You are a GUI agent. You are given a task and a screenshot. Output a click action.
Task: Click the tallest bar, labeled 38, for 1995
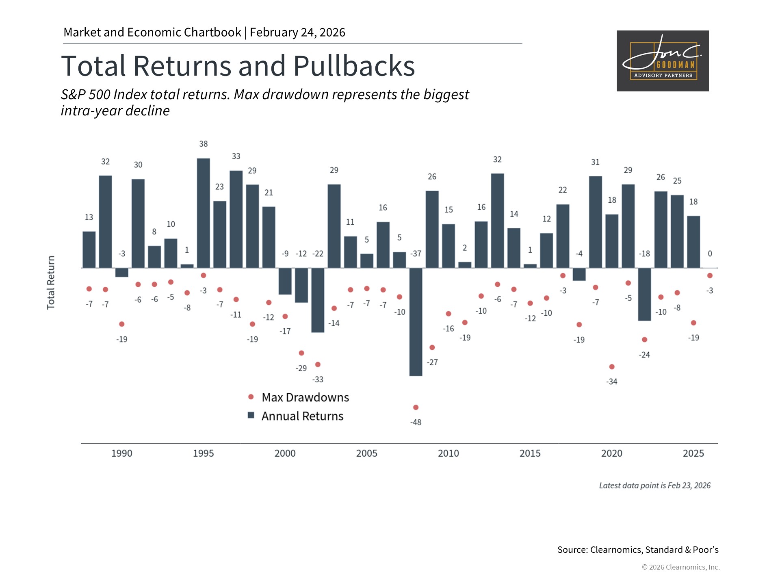click(204, 213)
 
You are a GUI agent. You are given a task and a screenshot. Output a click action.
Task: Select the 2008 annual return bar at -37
click(416, 322)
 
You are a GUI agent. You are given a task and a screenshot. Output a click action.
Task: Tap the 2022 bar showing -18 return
click(644, 294)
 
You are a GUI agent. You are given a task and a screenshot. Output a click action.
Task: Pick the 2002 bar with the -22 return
click(318, 300)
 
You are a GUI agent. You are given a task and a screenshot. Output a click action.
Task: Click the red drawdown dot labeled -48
click(416, 407)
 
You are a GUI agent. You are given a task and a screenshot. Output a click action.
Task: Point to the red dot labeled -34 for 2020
click(612, 367)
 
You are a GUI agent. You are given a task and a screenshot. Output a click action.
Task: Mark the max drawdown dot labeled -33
click(318, 364)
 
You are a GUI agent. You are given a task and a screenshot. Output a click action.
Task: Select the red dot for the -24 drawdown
click(644, 340)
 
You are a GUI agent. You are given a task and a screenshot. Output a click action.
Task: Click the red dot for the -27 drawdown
click(432, 347)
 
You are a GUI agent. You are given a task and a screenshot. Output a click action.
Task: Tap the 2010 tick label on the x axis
click(448, 453)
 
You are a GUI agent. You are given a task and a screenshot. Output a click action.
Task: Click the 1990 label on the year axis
click(122, 453)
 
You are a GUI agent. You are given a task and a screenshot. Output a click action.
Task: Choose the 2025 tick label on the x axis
click(693, 453)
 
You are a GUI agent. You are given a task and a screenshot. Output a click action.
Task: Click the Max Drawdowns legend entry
click(305, 397)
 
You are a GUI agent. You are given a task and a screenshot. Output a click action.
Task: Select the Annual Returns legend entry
click(302, 416)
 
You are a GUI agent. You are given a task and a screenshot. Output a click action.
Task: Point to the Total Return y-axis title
click(51, 283)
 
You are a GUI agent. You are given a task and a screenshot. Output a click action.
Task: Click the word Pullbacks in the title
click(354, 66)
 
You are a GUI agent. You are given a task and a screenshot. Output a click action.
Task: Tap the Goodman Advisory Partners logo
click(663, 61)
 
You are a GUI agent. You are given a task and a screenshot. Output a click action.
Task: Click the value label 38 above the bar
click(204, 144)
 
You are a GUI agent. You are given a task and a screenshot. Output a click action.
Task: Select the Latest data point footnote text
click(655, 485)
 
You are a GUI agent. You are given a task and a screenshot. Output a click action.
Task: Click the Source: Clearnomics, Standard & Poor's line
click(638, 550)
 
